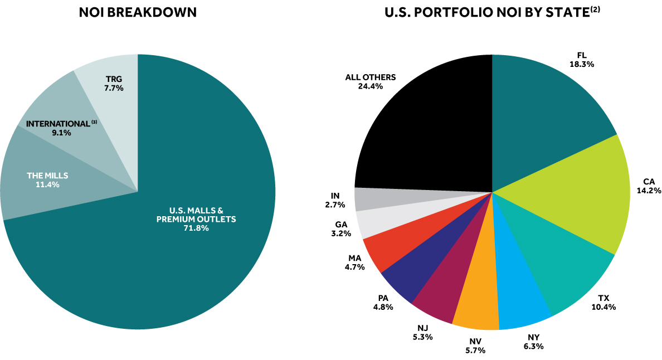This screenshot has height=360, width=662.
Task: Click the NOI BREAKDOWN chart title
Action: click(x=138, y=12)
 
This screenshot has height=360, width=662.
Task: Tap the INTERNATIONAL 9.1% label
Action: click(x=58, y=128)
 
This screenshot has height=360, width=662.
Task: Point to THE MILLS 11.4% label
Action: click(x=47, y=180)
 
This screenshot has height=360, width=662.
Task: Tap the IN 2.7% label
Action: click(x=335, y=200)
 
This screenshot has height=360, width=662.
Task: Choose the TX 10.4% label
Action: click(x=605, y=303)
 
